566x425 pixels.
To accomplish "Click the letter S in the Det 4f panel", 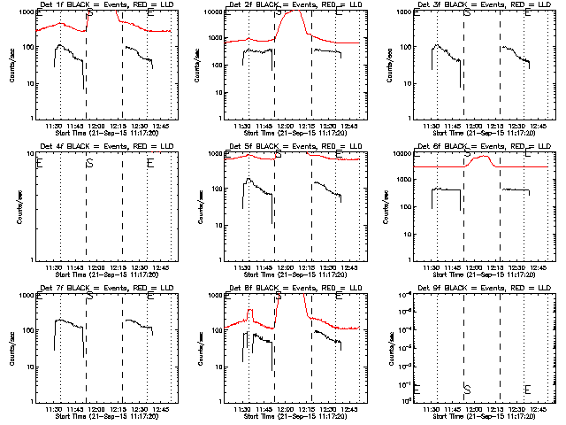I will [x=89, y=163].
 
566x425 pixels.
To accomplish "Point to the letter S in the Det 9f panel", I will [x=467, y=390].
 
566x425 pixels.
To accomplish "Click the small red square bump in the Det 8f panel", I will [x=250, y=312].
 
